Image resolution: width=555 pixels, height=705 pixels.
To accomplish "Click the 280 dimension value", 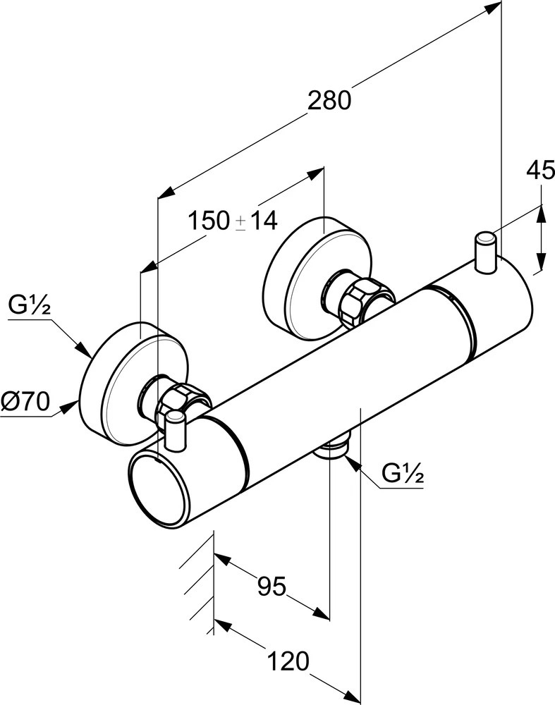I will pyautogui.click(x=329, y=101).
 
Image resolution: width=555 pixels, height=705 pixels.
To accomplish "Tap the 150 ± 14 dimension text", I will pyautogui.click(x=232, y=221).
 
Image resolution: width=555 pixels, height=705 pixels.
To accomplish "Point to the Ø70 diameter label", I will pyautogui.click(x=25, y=402).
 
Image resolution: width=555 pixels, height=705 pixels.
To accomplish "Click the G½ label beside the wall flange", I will pyautogui.click(x=28, y=305).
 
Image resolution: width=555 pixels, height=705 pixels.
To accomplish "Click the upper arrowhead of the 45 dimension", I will pyautogui.click(x=541, y=211).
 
